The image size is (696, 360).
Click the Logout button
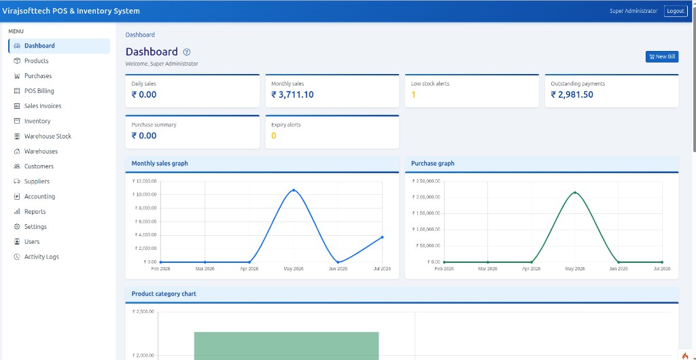click(676, 11)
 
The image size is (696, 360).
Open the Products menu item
click(37, 60)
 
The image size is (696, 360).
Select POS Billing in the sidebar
click(39, 91)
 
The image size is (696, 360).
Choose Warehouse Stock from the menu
click(48, 136)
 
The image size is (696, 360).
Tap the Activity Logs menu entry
click(41, 257)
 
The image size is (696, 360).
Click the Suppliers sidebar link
click(37, 181)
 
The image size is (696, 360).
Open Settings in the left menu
click(35, 227)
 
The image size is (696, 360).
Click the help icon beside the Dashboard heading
click(187, 52)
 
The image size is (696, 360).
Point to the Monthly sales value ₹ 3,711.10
click(292, 94)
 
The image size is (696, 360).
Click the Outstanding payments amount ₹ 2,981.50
click(572, 94)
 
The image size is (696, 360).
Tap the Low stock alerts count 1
click(413, 94)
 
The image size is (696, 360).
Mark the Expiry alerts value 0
click(274, 136)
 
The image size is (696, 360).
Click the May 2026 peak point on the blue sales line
click(294, 190)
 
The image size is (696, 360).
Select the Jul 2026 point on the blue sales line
click(382, 237)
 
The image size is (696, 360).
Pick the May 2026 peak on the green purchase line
click(575, 192)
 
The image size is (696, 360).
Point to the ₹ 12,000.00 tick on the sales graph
click(144, 181)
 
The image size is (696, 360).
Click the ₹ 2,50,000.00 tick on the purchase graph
click(426, 181)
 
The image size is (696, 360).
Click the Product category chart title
click(164, 294)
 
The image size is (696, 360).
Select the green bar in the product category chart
click(286, 346)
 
